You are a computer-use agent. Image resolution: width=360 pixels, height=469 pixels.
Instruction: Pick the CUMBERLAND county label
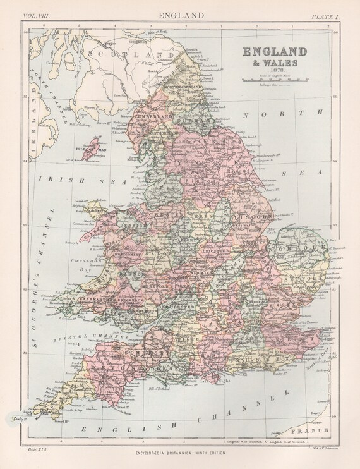(151, 116)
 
